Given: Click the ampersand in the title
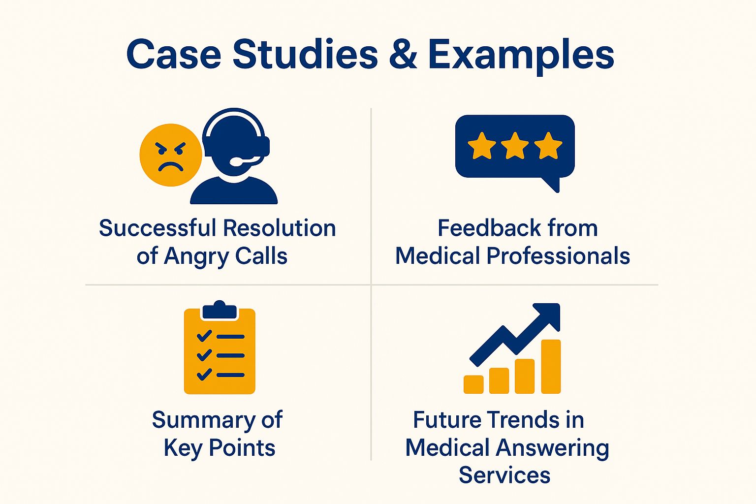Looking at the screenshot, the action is click(403, 54).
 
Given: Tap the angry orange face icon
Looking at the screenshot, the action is click(171, 155).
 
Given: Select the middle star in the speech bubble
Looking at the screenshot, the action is click(515, 146).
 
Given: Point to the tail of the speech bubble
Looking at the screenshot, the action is click(552, 184).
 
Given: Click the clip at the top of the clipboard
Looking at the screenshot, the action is click(220, 310).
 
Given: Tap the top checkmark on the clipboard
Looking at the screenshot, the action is click(204, 336).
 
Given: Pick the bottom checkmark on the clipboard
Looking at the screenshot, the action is click(204, 375).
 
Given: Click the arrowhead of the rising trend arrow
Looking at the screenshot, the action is click(549, 315).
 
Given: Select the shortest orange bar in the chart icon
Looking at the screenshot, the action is click(473, 384).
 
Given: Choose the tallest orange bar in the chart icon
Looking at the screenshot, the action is click(551, 367).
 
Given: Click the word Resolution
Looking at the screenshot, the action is click(280, 228).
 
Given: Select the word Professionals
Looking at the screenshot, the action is click(558, 256).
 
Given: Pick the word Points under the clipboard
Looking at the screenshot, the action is click(242, 448).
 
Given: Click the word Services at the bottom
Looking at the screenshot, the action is click(504, 475).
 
